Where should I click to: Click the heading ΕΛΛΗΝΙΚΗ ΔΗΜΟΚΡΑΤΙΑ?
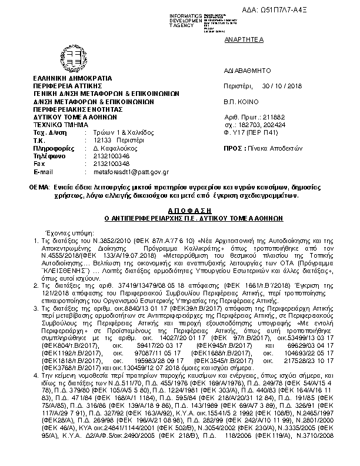point(72,78)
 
